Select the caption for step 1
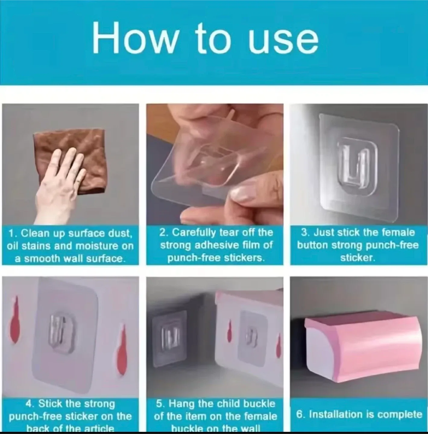click(70, 246)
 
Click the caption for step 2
click(216, 245)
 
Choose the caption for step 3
click(358, 245)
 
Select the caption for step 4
click(70, 416)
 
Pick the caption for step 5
click(215, 416)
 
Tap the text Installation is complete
click(359, 414)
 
